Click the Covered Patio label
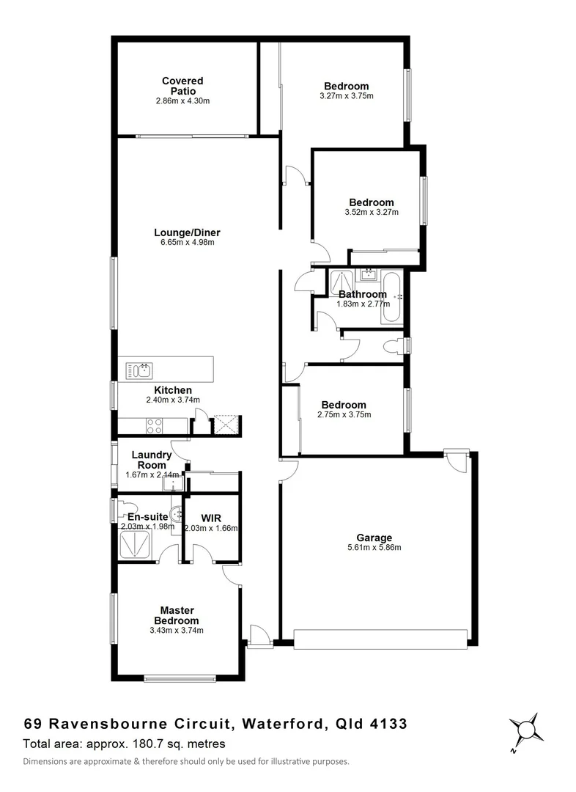(182, 86)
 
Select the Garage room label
(374, 538)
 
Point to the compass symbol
(525, 730)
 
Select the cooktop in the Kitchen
(155, 425)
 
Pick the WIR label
(212, 517)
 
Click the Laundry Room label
(152, 460)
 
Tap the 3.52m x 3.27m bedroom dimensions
(371, 213)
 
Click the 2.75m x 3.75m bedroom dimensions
(344, 414)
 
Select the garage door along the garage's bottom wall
(380, 638)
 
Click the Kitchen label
(173, 390)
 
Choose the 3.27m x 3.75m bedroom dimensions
(347, 96)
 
